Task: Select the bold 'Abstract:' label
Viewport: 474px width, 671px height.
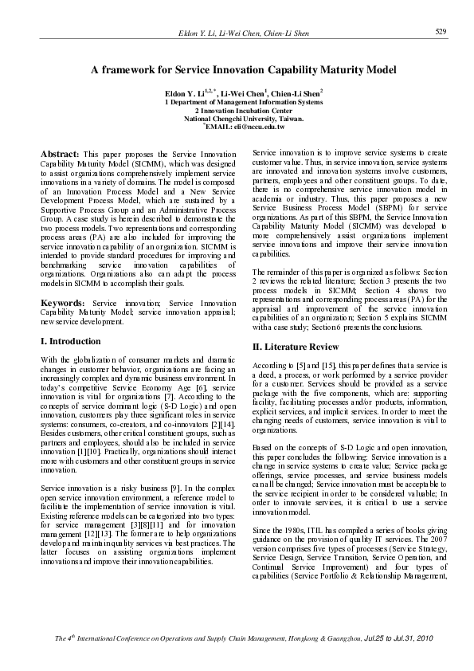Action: point(59,152)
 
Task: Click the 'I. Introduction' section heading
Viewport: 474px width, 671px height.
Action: point(70,340)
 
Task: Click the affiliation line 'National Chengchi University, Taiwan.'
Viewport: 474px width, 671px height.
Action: point(243,118)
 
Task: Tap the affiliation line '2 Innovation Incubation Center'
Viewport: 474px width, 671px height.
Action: point(243,110)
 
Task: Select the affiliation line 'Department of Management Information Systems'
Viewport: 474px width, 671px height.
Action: point(245,102)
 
